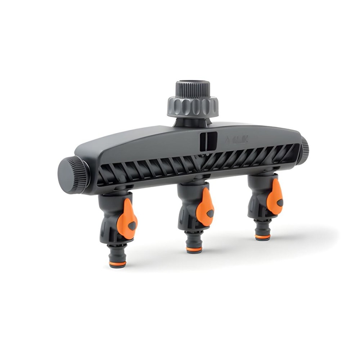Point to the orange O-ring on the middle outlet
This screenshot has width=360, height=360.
194,249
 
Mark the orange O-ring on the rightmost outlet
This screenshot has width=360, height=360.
262,237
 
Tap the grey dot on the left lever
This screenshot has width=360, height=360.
132,226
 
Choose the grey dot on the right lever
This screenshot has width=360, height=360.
279,202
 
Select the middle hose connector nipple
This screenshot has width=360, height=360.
194,241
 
